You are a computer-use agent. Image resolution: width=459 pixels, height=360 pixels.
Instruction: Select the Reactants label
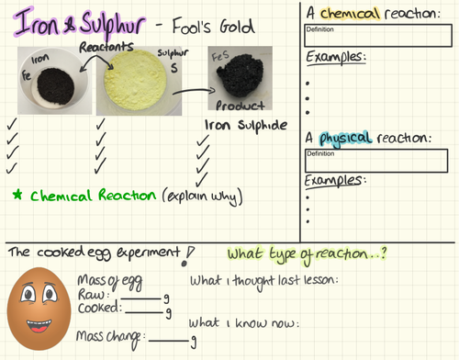(108, 46)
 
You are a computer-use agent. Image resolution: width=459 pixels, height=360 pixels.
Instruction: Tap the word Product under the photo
(241, 106)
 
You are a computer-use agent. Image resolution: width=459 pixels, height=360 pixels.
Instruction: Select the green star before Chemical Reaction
(17, 196)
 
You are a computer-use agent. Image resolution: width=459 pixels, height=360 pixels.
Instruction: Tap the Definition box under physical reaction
(377, 160)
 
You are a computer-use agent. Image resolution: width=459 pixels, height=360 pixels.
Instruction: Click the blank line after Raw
(142, 298)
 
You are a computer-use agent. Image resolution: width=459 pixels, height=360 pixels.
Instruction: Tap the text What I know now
(243, 323)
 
